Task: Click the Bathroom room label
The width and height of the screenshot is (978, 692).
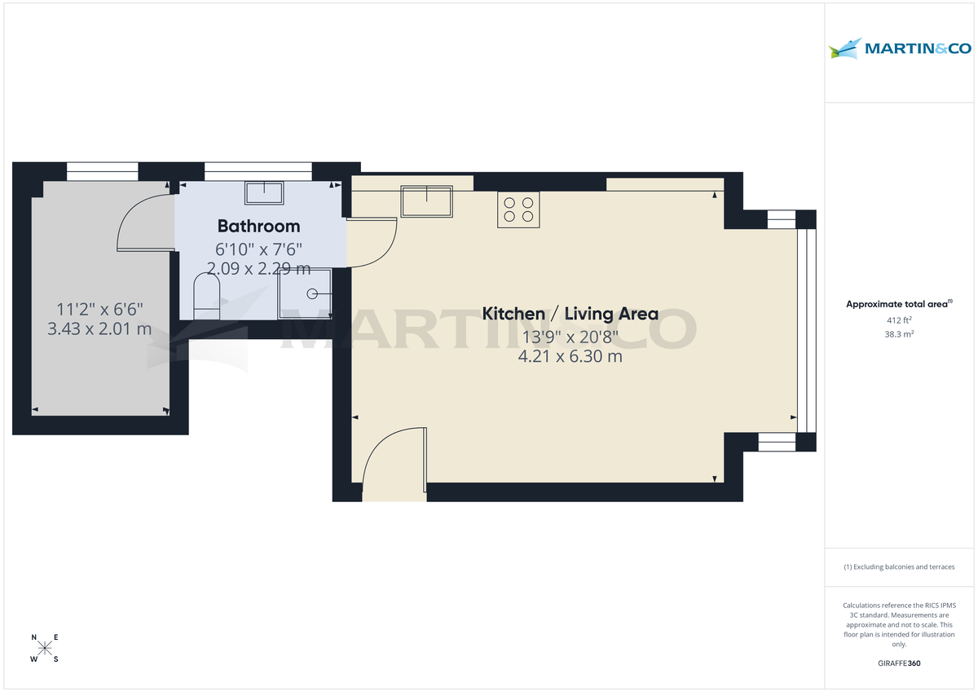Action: (258, 226)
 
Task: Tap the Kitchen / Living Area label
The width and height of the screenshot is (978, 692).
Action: (570, 313)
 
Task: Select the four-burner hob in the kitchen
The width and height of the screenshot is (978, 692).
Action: (518, 209)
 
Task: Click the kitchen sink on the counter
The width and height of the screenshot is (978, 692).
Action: (426, 201)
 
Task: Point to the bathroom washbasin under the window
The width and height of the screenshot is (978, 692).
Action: (264, 193)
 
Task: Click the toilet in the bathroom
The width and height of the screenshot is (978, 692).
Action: (207, 297)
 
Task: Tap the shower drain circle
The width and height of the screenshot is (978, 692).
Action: (312, 293)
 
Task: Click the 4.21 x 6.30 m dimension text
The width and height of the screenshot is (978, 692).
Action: (570, 355)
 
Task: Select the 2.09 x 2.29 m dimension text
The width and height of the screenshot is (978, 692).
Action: (258, 267)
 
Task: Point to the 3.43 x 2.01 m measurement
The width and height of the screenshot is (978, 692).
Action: (99, 329)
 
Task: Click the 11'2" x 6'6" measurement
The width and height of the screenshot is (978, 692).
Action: (99, 309)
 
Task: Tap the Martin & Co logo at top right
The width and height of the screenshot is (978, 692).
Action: (900, 49)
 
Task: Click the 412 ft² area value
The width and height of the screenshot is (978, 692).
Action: (900, 320)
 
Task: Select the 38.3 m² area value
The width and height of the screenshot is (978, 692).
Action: (900, 333)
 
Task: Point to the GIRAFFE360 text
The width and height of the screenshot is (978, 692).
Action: (900, 663)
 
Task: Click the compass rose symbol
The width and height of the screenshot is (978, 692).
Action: (45, 648)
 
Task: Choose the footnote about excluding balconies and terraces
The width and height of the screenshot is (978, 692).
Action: (899, 566)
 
